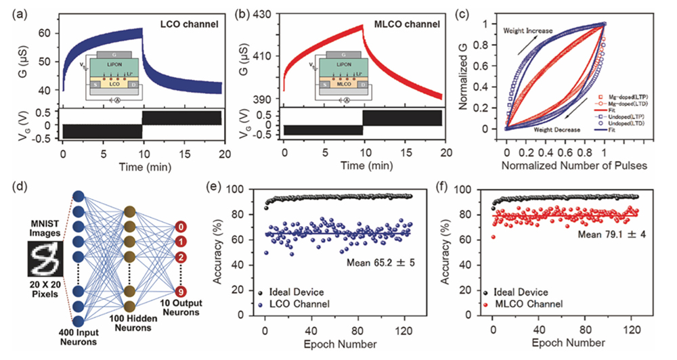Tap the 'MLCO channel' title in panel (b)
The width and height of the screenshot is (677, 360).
408,26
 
